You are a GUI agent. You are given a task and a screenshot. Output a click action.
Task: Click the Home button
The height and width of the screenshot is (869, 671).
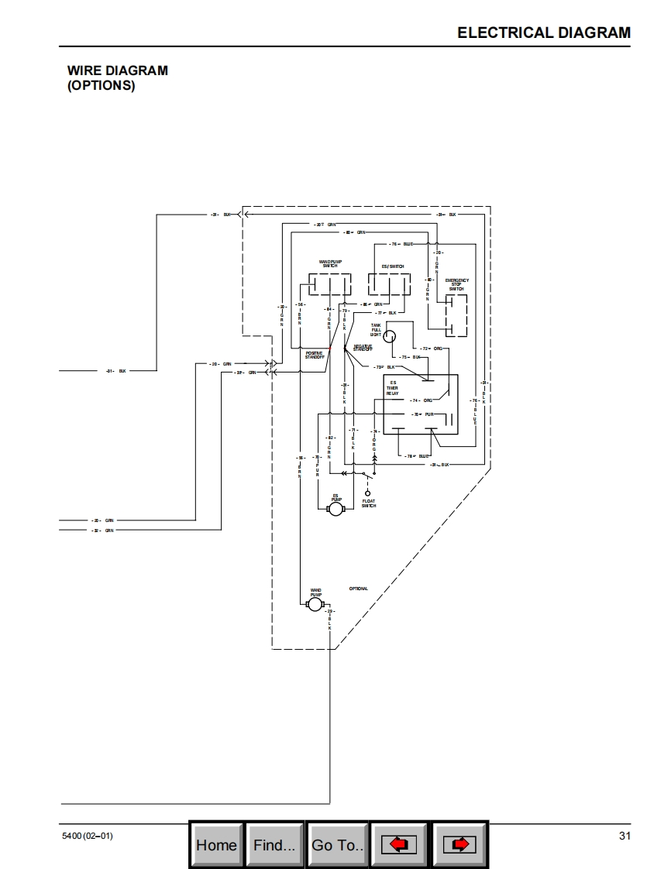coord(216,845)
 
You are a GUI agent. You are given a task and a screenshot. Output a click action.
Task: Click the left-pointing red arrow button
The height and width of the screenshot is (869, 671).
coord(399,845)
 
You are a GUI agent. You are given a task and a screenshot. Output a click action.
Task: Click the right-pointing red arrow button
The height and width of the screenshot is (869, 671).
coord(459,845)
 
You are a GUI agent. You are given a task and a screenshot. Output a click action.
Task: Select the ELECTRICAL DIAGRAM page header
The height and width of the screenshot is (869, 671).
coord(544,33)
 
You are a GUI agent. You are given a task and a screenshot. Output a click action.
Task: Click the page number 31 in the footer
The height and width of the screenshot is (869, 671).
coord(625,836)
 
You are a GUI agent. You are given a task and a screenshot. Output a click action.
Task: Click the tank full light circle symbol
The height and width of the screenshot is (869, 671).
coord(391,335)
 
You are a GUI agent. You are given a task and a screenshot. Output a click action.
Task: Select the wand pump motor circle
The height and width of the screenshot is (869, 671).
coord(314,604)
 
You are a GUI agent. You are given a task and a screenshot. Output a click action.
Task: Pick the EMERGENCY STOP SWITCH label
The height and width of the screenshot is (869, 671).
coord(456,284)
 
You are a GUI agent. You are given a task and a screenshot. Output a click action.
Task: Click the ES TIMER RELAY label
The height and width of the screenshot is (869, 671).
coord(393,388)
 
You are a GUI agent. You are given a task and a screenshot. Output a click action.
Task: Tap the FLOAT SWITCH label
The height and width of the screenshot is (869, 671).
coord(369,503)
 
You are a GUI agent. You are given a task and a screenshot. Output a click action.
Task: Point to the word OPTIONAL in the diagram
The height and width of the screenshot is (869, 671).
coord(359,589)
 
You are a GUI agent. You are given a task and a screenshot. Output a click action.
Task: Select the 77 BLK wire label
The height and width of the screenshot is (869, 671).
coord(387,313)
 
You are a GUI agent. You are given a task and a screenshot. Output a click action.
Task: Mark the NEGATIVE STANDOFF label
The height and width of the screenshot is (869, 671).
coord(363,348)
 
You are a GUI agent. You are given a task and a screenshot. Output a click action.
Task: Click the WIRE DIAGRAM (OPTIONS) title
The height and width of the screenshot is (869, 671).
coord(117,77)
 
